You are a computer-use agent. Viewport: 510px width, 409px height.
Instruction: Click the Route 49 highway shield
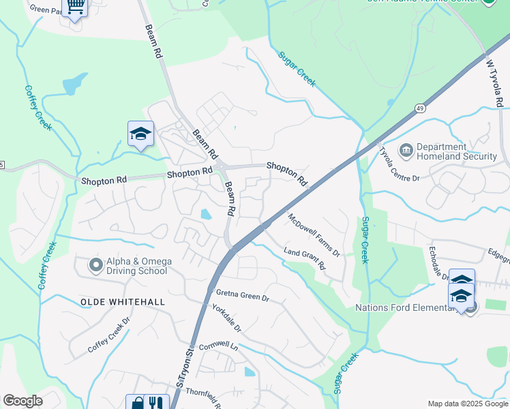(x=420, y=108)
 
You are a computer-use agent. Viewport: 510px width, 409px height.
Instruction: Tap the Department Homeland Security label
(x=455, y=151)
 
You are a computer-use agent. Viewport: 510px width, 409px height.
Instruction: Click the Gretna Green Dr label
(x=243, y=297)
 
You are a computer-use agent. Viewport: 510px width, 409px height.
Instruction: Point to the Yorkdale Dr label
(x=227, y=318)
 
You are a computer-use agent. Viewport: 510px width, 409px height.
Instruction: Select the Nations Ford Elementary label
(x=404, y=307)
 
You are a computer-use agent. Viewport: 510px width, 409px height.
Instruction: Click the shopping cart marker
(x=76, y=7)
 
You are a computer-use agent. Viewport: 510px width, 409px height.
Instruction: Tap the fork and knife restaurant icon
(x=156, y=404)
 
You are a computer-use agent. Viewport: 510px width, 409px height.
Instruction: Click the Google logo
(x=22, y=401)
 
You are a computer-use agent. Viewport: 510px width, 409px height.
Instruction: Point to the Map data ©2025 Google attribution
(x=467, y=404)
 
